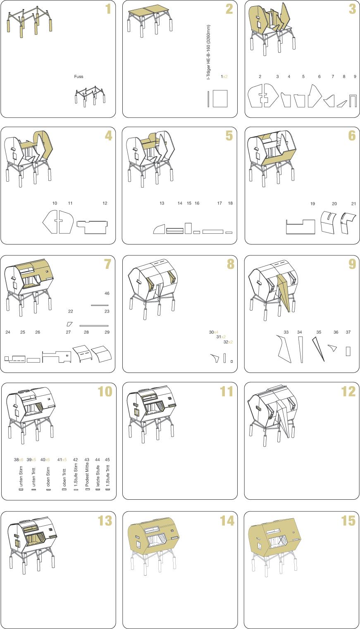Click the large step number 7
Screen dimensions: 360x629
[x=107, y=264]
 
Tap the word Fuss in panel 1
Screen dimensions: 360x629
[x=79, y=76]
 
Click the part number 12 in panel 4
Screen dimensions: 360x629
[x=105, y=203]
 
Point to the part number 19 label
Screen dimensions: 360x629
[x=312, y=204]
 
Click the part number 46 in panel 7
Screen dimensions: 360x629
[x=107, y=294]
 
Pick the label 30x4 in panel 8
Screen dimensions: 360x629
[x=214, y=332]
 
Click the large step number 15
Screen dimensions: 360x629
[x=348, y=521]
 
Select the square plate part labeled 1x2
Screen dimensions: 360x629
[x=220, y=98]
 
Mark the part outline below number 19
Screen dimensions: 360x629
[x=300, y=227]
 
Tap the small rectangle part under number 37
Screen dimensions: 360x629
[x=348, y=351]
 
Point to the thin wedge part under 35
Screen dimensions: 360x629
[x=318, y=349]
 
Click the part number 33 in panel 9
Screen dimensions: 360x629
[x=286, y=332]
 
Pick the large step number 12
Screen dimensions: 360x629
[x=348, y=392]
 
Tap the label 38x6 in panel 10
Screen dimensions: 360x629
[x=19, y=460]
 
